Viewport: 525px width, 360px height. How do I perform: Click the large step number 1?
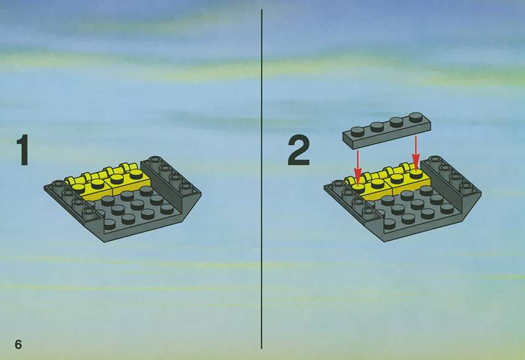point(22,150)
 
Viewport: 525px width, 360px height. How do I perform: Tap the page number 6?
point(18,344)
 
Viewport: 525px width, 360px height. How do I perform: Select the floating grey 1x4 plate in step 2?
point(386,131)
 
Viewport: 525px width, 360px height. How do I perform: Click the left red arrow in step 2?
point(358,167)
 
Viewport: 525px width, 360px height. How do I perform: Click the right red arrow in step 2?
point(416,152)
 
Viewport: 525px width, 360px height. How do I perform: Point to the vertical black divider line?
point(262,179)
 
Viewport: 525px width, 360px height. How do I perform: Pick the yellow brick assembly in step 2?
point(389,181)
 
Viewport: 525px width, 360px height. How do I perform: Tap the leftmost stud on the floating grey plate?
point(357,131)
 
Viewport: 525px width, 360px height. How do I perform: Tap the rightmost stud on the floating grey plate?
point(416,117)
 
